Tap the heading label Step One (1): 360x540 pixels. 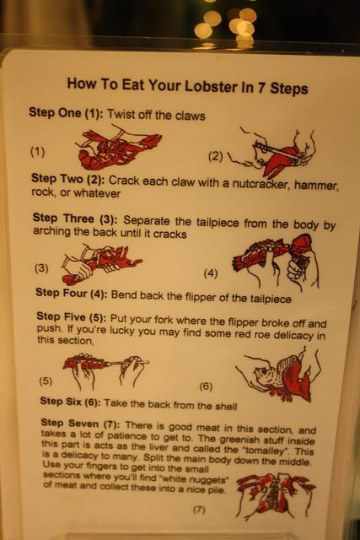tap(66, 113)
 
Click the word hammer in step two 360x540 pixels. tap(315, 186)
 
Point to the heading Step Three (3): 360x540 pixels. tap(75, 219)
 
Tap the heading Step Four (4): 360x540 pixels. tap(72, 293)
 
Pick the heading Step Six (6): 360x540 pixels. tap(70, 402)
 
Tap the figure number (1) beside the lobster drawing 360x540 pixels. tap(37, 151)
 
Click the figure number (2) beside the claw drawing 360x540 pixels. tap(216, 157)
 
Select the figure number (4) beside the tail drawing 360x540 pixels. tap(211, 273)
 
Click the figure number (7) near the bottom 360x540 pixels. tap(199, 510)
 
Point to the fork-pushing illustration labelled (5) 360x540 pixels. tap(106, 371)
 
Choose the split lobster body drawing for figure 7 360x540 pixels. tap(276, 496)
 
